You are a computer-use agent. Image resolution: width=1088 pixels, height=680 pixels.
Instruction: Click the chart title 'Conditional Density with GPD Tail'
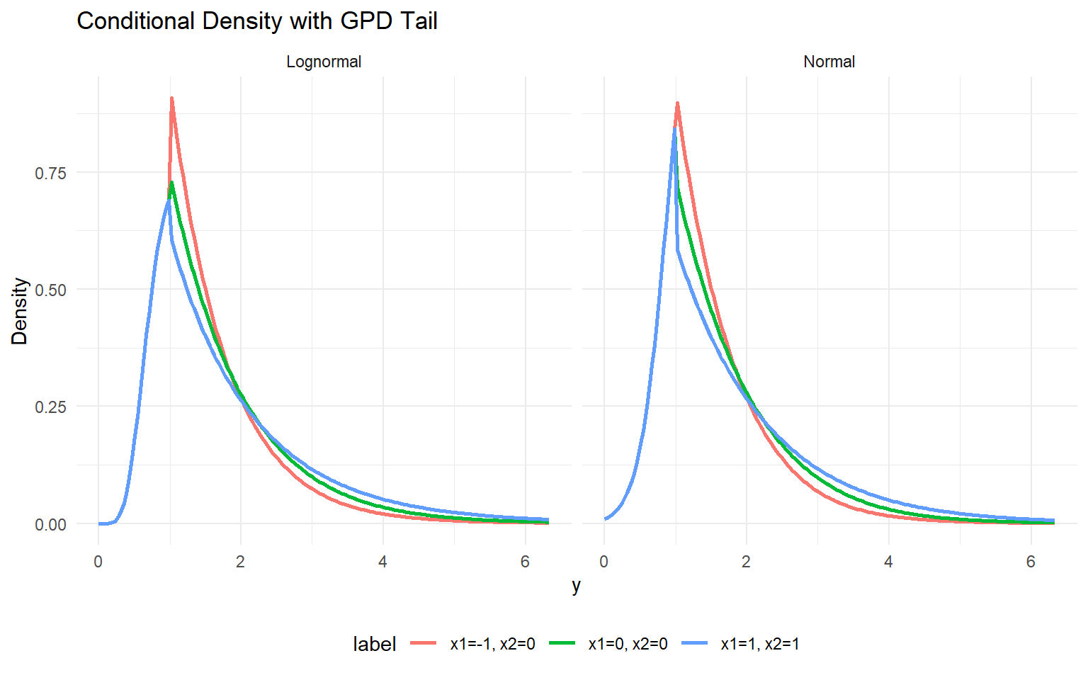tap(256, 21)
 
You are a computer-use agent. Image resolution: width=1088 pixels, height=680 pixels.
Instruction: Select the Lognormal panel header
tap(324, 62)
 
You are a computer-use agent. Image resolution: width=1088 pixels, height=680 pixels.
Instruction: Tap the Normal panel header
tap(829, 62)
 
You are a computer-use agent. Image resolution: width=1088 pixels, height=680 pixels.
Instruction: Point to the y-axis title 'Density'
tap(20, 311)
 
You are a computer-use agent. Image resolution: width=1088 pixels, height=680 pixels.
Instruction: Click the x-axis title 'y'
tap(576, 585)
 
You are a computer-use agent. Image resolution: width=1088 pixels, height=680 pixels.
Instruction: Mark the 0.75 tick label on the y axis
tap(50, 173)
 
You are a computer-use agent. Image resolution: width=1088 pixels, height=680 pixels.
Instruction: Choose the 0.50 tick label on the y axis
tap(50, 290)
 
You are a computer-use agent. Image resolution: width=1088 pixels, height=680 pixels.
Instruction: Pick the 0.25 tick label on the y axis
tap(50, 407)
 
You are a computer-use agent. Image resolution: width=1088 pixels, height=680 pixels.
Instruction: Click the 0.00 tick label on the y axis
tap(50, 525)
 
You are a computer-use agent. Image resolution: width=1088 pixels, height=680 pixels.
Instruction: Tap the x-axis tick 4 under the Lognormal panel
tap(382, 562)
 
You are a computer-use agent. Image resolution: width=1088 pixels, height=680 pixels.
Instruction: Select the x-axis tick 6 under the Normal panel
tap(1031, 562)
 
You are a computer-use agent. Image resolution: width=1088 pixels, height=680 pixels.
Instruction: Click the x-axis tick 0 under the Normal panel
tap(603, 562)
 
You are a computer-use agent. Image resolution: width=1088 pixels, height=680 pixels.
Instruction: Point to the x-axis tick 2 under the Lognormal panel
tap(240, 562)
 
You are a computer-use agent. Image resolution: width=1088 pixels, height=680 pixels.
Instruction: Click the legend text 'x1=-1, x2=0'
tap(492, 644)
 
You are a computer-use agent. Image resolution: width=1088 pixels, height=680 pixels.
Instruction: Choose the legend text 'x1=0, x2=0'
tap(628, 644)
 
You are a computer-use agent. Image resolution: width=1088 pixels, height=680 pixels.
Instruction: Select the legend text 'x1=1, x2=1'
tap(759, 644)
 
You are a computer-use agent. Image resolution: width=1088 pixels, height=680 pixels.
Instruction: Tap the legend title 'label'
tap(374, 644)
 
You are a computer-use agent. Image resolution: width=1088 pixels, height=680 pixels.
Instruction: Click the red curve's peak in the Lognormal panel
tap(171, 98)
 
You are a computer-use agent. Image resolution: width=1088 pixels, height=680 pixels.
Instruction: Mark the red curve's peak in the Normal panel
tap(677, 103)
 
